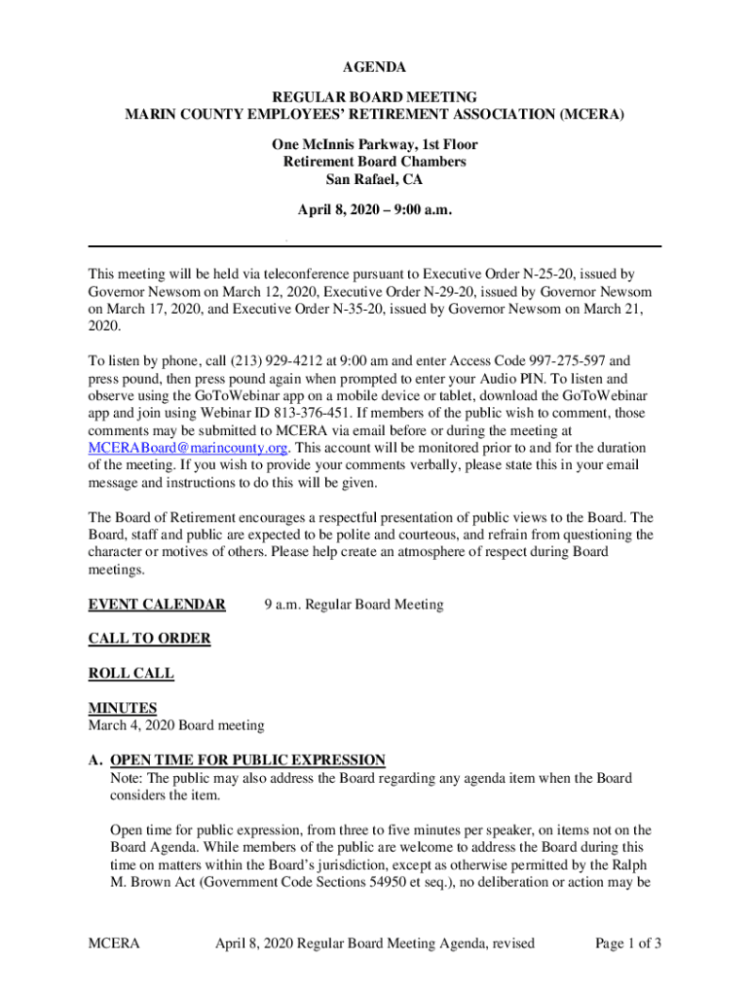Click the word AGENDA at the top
point(374,67)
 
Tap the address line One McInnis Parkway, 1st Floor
point(374,144)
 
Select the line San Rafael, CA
point(374,179)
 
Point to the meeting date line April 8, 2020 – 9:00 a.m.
point(374,209)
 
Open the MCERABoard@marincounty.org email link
point(188,448)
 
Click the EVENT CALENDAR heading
point(157,605)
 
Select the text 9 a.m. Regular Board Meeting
point(354,605)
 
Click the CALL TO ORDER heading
point(149,639)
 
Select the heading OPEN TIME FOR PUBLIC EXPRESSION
point(247,759)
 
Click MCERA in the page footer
point(114,942)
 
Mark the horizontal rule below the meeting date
point(374,245)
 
